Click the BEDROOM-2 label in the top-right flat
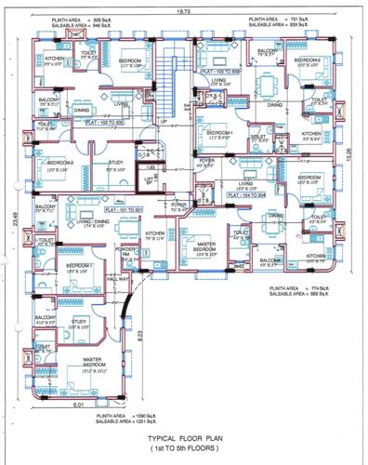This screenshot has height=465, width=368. click(x=306, y=60)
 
